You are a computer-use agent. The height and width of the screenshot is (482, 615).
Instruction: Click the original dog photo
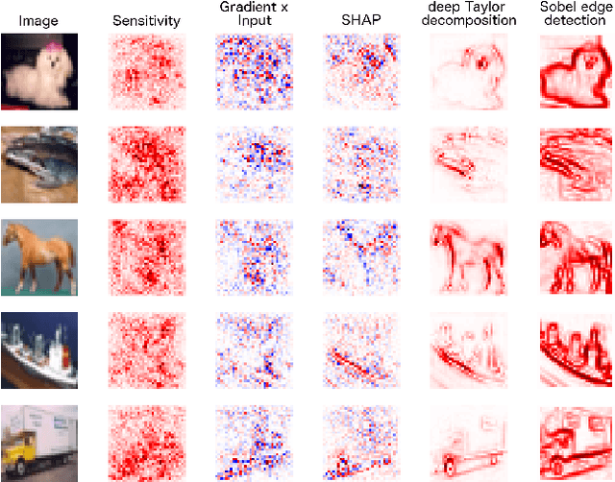tap(39, 71)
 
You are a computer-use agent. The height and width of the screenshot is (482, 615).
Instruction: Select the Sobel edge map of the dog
tap(574, 71)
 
